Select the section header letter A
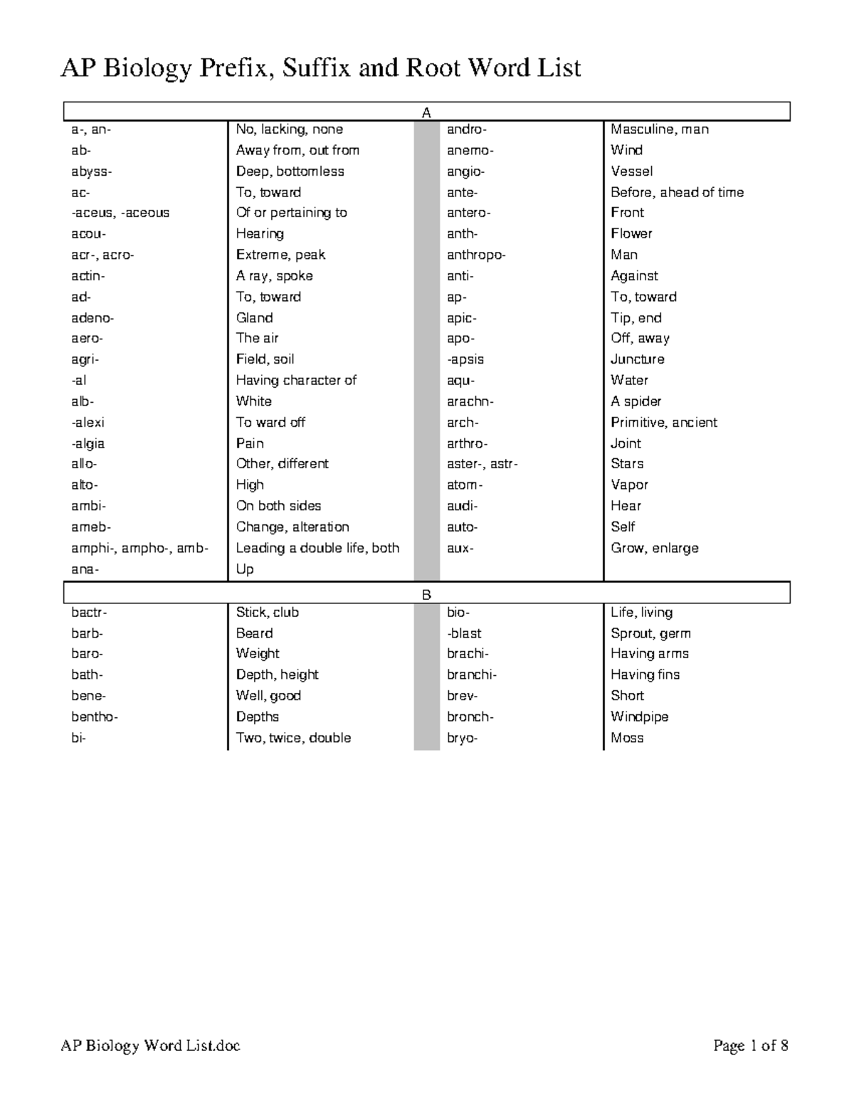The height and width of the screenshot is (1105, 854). (427, 113)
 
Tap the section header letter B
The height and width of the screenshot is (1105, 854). (427, 595)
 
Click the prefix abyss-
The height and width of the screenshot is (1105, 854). (91, 171)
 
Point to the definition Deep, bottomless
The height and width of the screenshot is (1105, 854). (290, 171)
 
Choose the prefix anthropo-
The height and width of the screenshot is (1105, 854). (476, 255)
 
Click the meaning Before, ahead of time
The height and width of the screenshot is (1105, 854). (677, 192)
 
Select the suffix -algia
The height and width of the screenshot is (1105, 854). (88, 443)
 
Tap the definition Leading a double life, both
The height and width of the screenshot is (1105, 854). (317, 548)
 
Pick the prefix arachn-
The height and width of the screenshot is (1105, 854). (470, 401)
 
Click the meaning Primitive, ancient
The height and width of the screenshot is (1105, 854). (663, 422)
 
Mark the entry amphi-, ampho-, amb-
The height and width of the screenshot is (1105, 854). (139, 548)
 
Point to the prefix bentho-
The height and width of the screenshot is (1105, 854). (95, 717)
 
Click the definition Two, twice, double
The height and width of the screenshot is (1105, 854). (293, 738)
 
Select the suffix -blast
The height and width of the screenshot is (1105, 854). (464, 633)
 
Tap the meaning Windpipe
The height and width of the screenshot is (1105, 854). (639, 717)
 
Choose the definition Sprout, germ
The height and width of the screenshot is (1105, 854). (650, 633)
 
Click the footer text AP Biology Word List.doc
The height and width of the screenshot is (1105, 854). (150, 1045)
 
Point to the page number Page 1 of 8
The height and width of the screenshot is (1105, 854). (751, 1045)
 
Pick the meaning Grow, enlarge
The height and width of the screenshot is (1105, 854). (654, 548)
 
